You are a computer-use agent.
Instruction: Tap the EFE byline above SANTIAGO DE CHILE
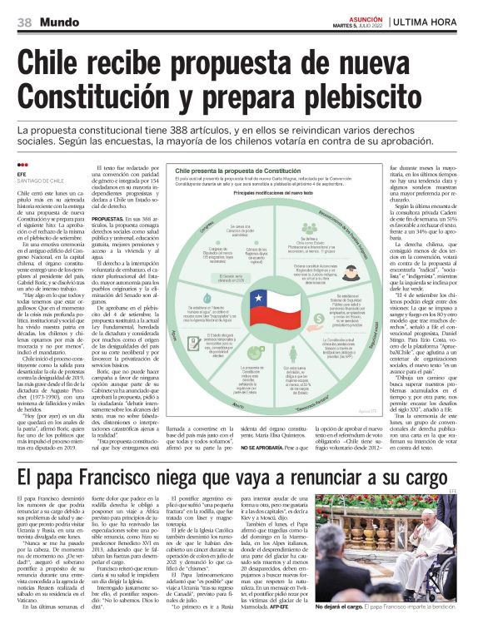coord(21,175)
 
